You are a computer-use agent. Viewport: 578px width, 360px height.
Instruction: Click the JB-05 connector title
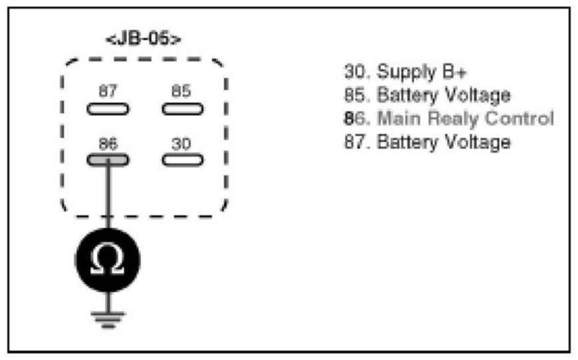[143, 39]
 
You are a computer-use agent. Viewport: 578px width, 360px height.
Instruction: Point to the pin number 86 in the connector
[107, 143]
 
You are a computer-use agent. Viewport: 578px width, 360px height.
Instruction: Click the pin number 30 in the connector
[181, 143]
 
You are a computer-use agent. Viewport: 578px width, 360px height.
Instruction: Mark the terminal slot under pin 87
[107, 109]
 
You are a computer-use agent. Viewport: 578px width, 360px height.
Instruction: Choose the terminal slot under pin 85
[181, 109]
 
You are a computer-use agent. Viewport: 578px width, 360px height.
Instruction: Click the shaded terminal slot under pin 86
[107, 159]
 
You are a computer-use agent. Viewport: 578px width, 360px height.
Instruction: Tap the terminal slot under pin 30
[181, 159]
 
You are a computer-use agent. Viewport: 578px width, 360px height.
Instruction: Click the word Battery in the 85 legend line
[403, 95]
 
